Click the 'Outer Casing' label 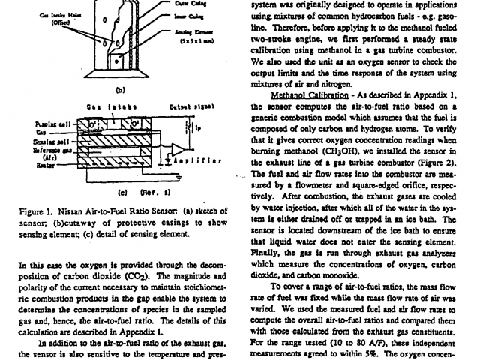[202, 2]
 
